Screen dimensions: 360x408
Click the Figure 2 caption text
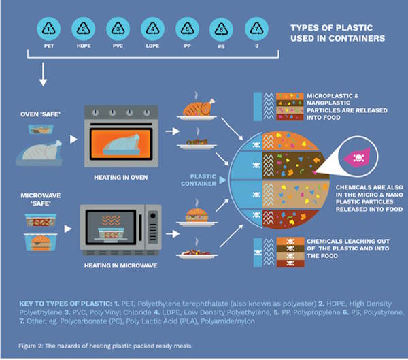tap(105, 345)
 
